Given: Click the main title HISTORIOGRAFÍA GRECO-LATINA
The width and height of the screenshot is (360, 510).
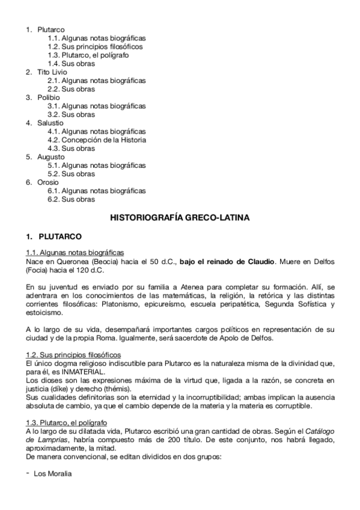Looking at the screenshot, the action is tap(180, 215).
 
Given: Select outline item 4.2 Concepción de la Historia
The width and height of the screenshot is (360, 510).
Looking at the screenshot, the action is tap(97, 140).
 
